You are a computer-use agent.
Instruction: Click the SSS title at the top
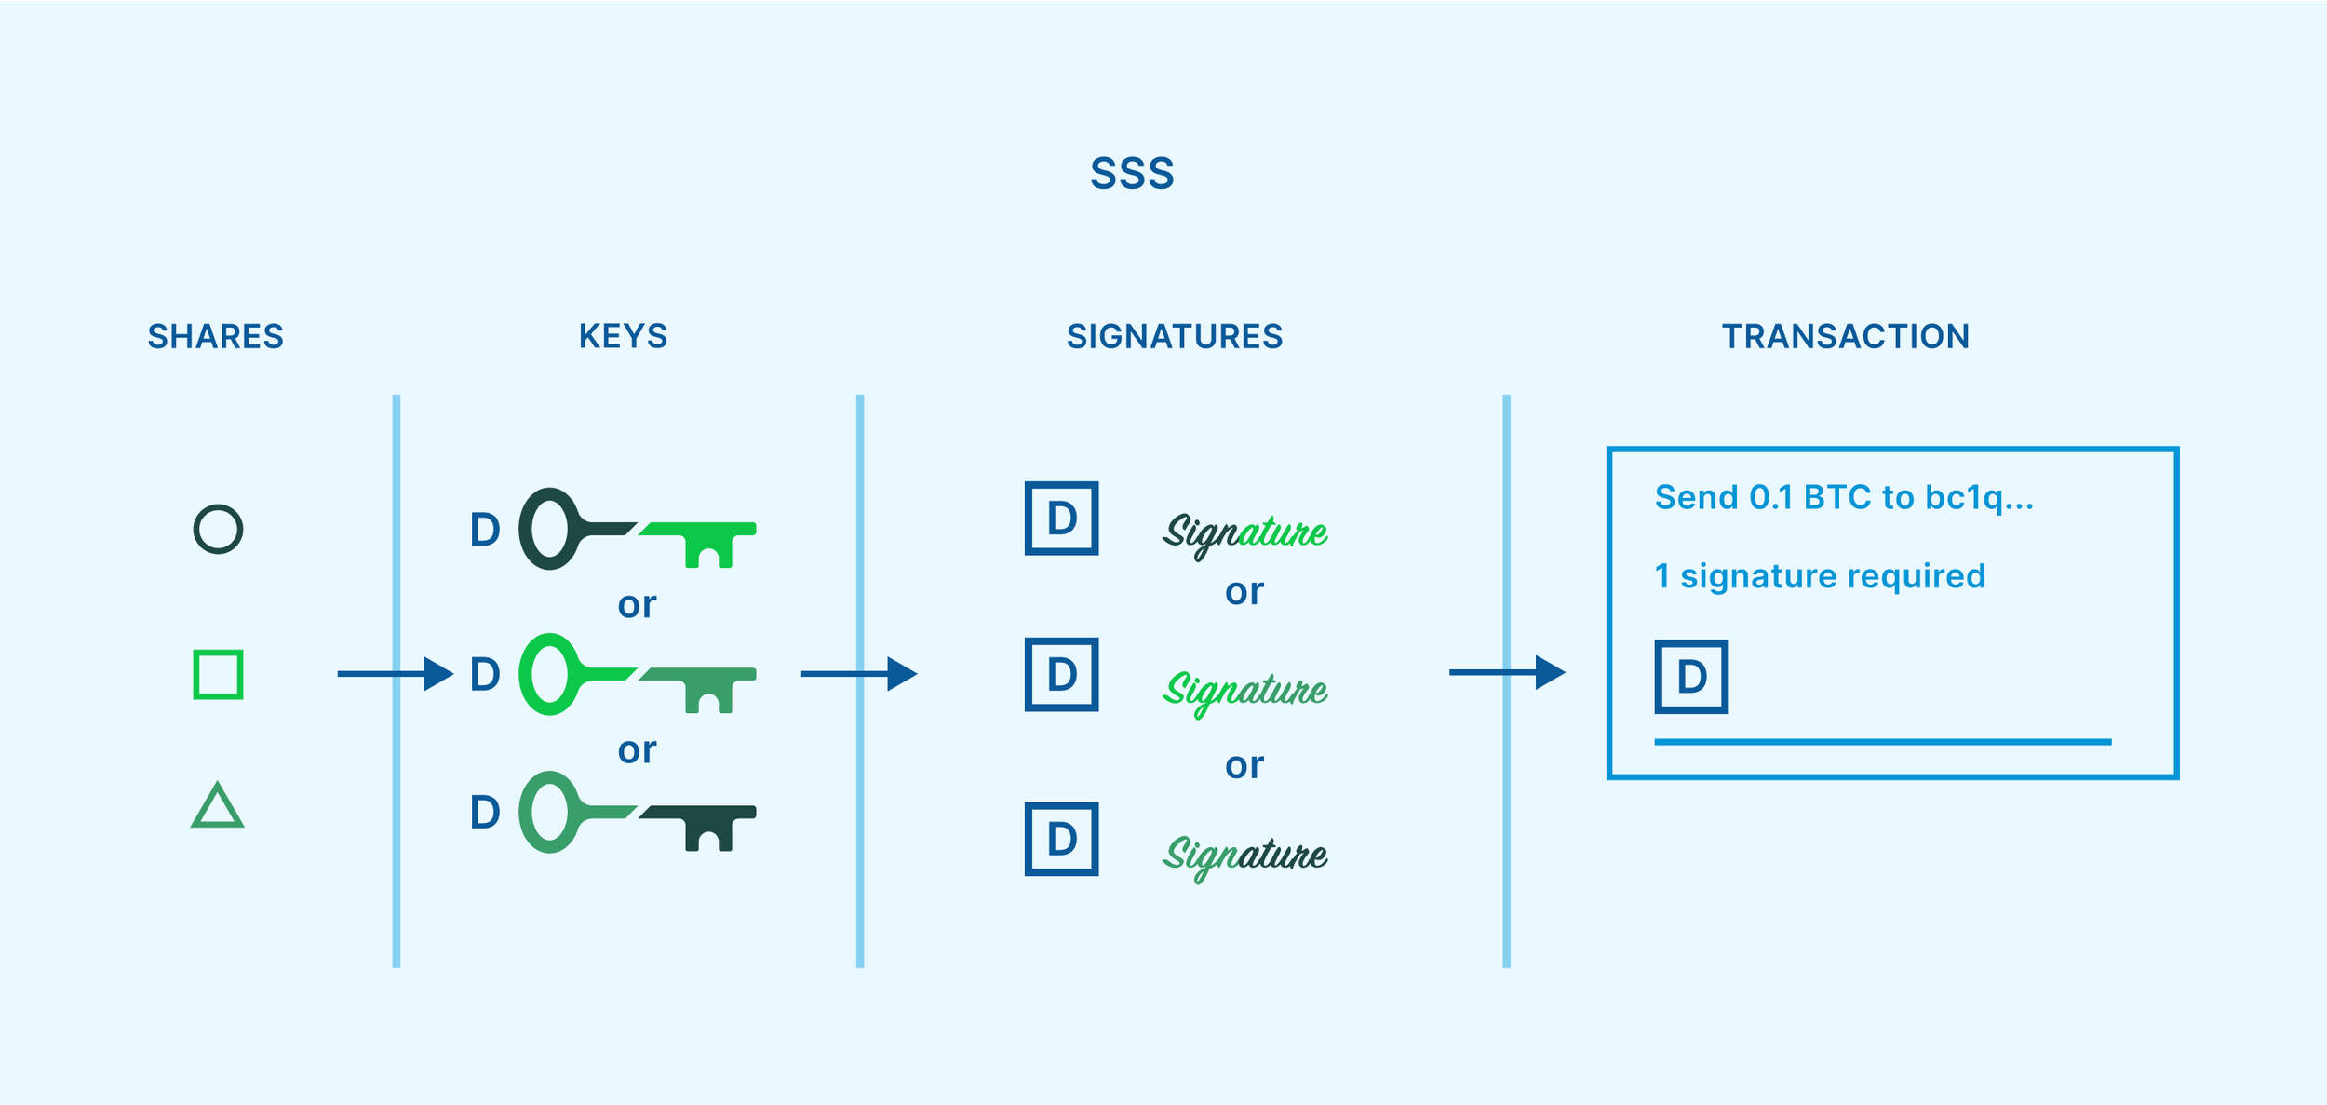click(x=1132, y=174)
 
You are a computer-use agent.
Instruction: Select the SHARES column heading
click(x=215, y=336)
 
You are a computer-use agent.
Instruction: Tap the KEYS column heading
click(x=623, y=336)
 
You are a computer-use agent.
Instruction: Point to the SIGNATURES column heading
click(x=1174, y=336)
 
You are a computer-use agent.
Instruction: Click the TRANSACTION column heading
click(x=1845, y=336)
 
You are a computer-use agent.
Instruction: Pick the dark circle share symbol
click(x=218, y=530)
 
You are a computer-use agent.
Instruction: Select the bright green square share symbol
click(x=218, y=674)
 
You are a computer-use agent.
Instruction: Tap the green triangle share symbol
click(x=217, y=806)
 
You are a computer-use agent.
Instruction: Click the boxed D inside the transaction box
click(x=1690, y=677)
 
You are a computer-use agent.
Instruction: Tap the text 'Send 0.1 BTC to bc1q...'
click(x=1843, y=497)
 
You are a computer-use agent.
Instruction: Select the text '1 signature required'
click(x=1819, y=576)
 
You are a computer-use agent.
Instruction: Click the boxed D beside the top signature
click(x=1061, y=519)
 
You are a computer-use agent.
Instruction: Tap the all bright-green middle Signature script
click(x=1245, y=691)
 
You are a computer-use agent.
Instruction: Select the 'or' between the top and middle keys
click(x=637, y=605)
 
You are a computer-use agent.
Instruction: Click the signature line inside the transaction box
click(x=1882, y=742)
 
